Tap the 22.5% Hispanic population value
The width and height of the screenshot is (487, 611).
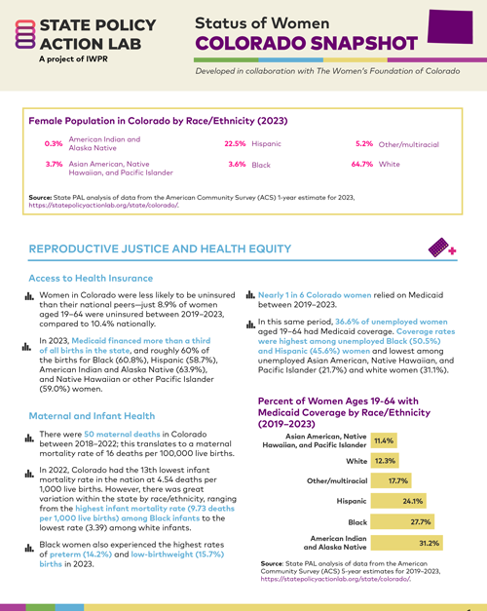point(235,143)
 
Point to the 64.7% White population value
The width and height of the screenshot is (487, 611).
point(363,166)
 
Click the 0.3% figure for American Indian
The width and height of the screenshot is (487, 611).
point(54,144)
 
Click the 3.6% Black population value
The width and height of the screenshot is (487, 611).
point(237,166)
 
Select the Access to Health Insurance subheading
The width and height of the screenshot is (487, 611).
point(94,277)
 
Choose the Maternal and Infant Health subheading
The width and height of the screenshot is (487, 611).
point(95,416)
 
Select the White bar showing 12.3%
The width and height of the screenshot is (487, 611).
point(386,460)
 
